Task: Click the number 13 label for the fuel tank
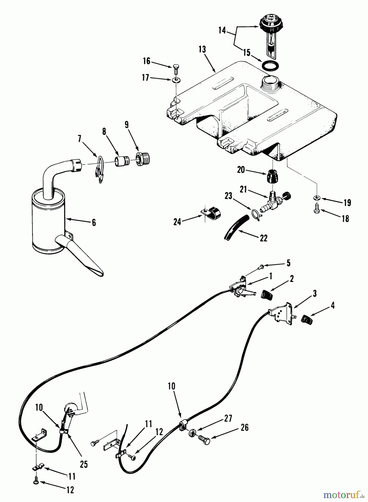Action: click(x=202, y=49)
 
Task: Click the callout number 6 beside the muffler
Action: click(x=94, y=222)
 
